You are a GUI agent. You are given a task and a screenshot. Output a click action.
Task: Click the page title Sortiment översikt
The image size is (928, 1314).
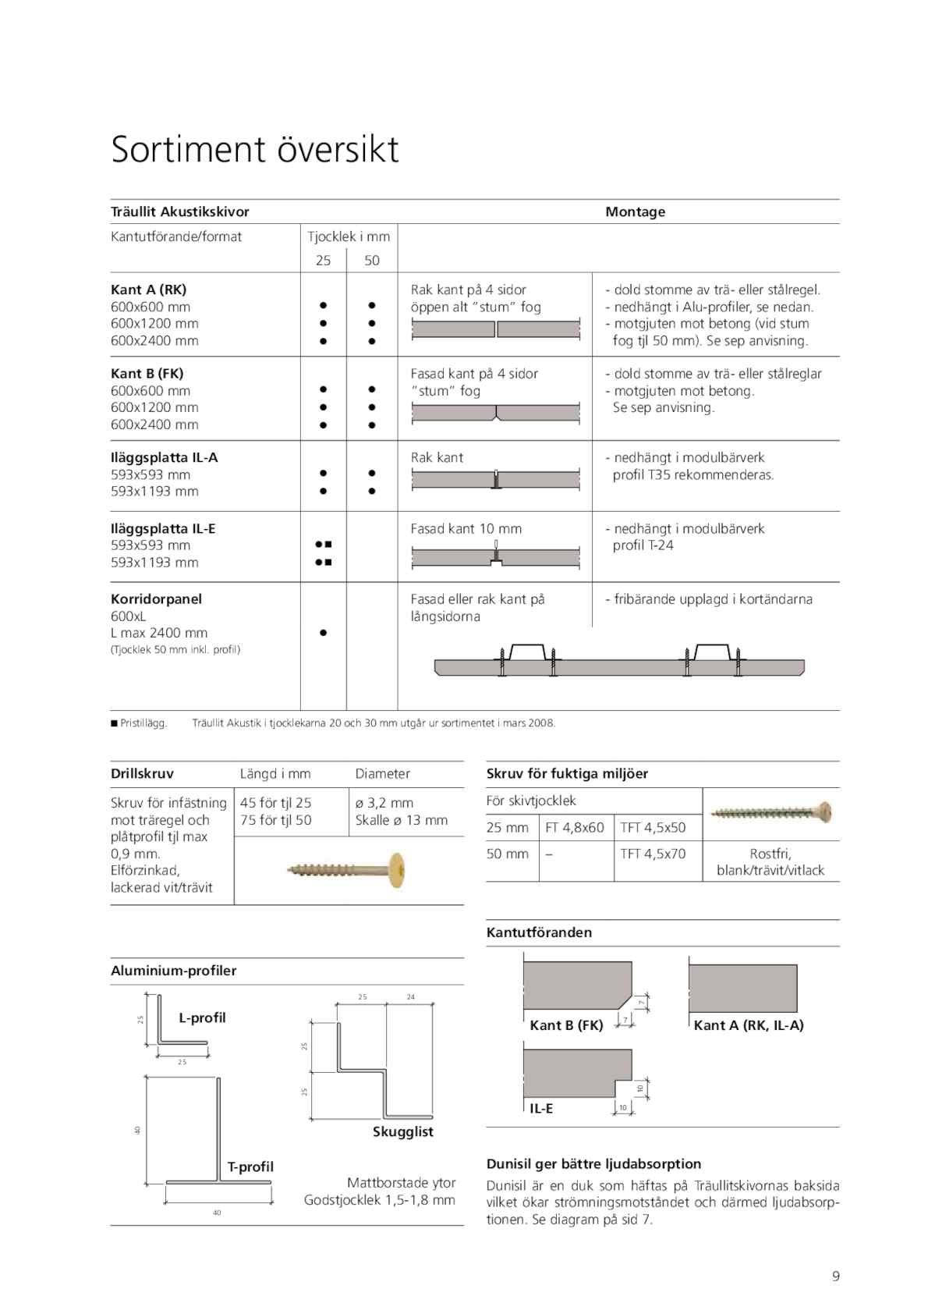(x=254, y=149)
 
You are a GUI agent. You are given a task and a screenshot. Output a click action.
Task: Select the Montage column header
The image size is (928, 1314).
(x=635, y=211)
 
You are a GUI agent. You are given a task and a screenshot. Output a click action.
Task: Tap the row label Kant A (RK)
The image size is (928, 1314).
(x=148, y=289)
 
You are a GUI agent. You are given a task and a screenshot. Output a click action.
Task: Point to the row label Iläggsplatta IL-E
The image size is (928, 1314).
(x=163, y=528)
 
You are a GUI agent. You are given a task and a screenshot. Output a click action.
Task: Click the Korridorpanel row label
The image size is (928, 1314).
(x=156, y=599)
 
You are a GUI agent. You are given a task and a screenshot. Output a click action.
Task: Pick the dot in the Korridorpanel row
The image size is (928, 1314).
(x=323, y=633)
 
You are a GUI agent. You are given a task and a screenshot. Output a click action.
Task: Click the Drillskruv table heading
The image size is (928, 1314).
(x=142, y=774)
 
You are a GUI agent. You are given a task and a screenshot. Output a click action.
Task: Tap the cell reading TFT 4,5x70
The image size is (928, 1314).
(x=653, y=854)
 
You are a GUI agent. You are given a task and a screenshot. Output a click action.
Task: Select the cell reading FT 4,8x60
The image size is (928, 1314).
(x=575, y=828)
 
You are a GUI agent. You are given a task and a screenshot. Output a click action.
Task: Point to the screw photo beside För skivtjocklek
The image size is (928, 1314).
(x=771, y=812)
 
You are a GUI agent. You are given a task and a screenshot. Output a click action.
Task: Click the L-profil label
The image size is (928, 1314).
(x=202, y=1017)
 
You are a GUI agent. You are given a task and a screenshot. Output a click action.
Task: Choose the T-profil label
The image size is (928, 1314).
(x=250, y=1167)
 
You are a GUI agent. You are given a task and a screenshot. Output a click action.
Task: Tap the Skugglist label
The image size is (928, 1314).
(x=402, y=1131)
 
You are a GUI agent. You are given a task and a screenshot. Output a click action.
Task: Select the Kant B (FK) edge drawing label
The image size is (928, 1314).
(x=566, y=1025)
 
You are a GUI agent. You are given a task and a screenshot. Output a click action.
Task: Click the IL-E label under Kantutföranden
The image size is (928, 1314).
(x=541, y=1109)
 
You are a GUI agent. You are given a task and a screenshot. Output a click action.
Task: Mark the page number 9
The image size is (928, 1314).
(x=836, y=1277)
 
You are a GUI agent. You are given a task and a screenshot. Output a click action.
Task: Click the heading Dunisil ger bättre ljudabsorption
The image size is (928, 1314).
(x=593, y=1164)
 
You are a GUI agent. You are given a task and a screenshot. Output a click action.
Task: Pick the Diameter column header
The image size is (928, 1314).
(x=382, y=774)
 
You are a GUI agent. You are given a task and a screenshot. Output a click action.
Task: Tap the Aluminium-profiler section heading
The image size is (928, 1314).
(x=173, y=971)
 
